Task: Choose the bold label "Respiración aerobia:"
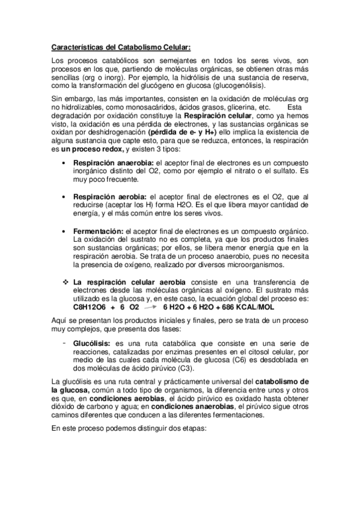tap(109, 197)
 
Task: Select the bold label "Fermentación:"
tap(98, 232)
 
